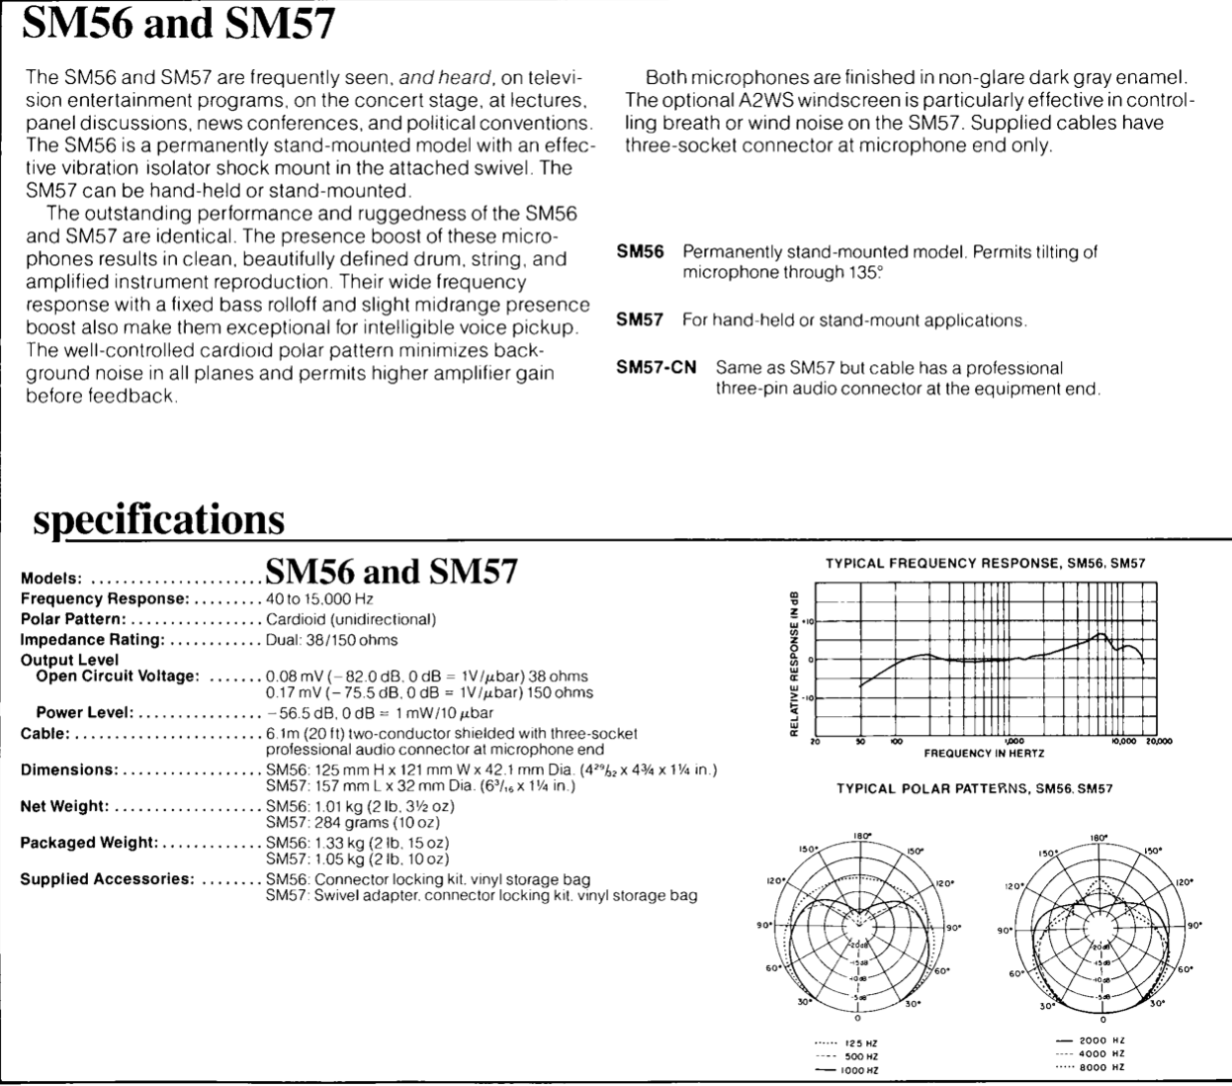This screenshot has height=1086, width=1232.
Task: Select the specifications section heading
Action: coord(158,519)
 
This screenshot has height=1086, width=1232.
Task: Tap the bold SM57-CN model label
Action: coord(656,368)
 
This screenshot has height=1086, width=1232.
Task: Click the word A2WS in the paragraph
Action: coord(762,100)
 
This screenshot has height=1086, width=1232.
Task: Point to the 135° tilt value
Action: coord(863,272)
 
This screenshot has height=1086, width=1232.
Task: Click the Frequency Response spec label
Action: coord(104,599)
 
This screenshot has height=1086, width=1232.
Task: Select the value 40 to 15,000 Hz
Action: coord(319,599)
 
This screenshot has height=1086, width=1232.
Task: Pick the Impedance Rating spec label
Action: coord(91,640)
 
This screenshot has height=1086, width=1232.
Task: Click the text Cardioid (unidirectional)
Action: coord(351,619)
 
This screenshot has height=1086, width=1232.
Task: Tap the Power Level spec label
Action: coord(84,713)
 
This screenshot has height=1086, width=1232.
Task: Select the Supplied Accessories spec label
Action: coord(107,879)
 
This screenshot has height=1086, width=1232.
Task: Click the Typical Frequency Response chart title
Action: coord(985,563)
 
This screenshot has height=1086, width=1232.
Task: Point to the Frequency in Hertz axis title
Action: coord(984,753)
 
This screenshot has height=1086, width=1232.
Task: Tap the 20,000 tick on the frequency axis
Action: coord(1158,741)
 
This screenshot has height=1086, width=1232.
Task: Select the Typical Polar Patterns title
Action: coord(974,789)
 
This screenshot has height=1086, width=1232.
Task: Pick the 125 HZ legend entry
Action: coord(860,1043)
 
